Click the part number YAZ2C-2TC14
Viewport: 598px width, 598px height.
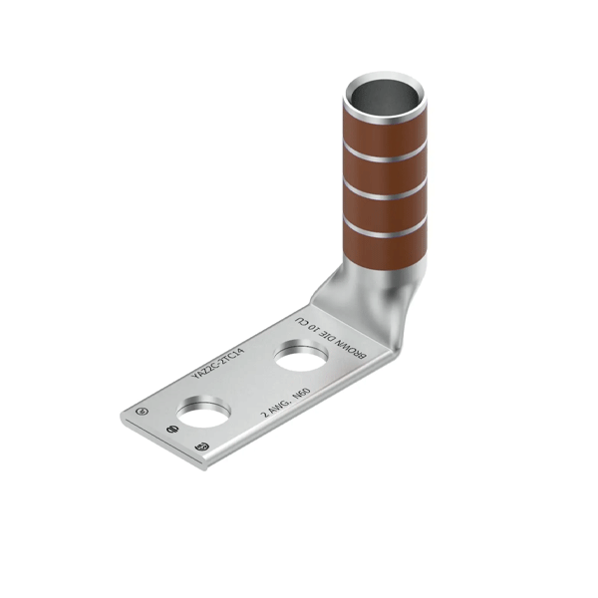(x=223, y=358)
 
